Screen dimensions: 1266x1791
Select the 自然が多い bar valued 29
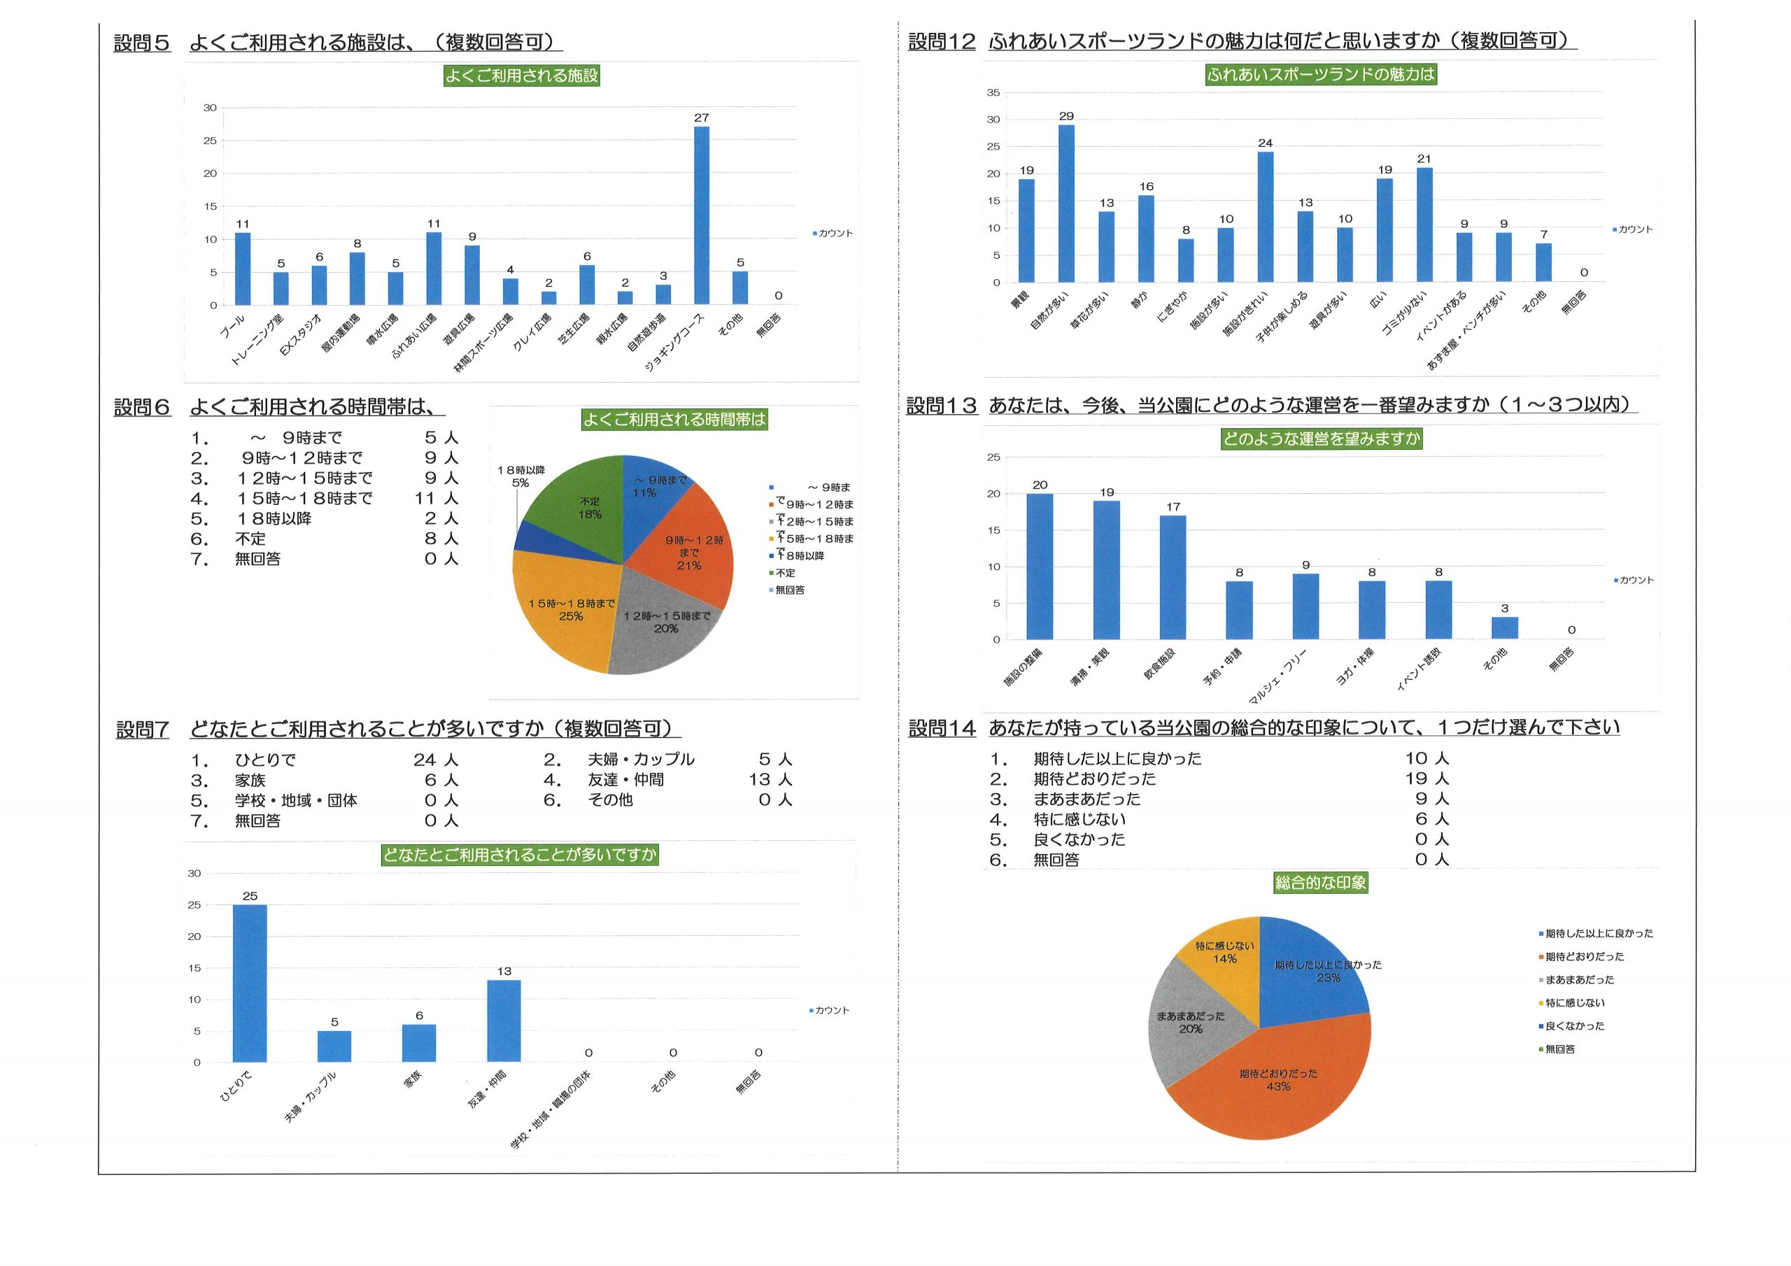click(x=1066, y=204)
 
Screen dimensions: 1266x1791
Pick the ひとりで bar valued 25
click(x=250, y=983)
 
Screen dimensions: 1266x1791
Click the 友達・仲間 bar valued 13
click(x=504, y=1021)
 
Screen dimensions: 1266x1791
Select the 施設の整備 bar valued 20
click(x=1039, y=567)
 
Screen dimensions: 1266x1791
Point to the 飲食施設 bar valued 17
click(x=1173, y=577)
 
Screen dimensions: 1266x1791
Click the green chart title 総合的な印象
click(x=1321, y=883)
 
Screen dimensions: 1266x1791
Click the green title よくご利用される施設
click(x=521, y=76)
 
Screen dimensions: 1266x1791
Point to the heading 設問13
click(x=942, y=406)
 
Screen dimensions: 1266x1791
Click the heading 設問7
click(x=142, y=730)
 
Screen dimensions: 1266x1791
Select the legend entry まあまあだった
click(x=1579, y=980)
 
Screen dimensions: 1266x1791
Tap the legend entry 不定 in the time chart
click(x=785, y=573)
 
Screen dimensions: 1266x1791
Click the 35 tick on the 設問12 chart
click(x=993, y=93)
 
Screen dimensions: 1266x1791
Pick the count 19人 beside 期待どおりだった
click(x=1427, y=778)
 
